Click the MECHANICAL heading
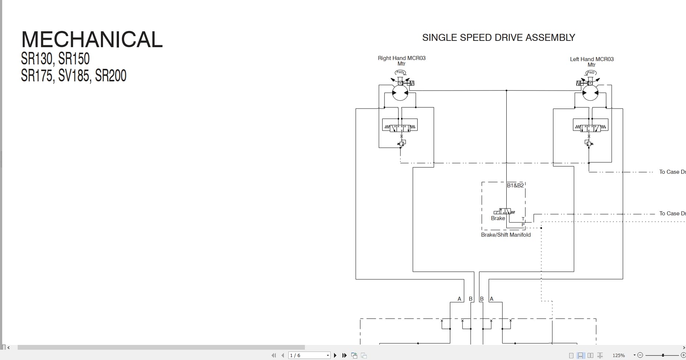point(92,39)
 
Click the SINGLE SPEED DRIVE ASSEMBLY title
point(498,38)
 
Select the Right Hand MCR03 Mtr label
point(401,61)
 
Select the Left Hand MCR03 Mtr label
point(591,62)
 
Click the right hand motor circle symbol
point(400,93)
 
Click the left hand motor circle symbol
point(591,93)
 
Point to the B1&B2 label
point(515,186)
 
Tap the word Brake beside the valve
point(498,218)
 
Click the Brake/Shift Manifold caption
point(506,235)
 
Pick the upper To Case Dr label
point(672,172)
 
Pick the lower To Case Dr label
point(672,213)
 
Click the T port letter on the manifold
point(523,219)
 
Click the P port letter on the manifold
point(523,225)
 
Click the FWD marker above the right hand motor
point(400,73)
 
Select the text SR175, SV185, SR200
point(74,75)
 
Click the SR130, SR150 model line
point(55,59)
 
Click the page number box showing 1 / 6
point(309,355)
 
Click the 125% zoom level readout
point(619,355)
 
